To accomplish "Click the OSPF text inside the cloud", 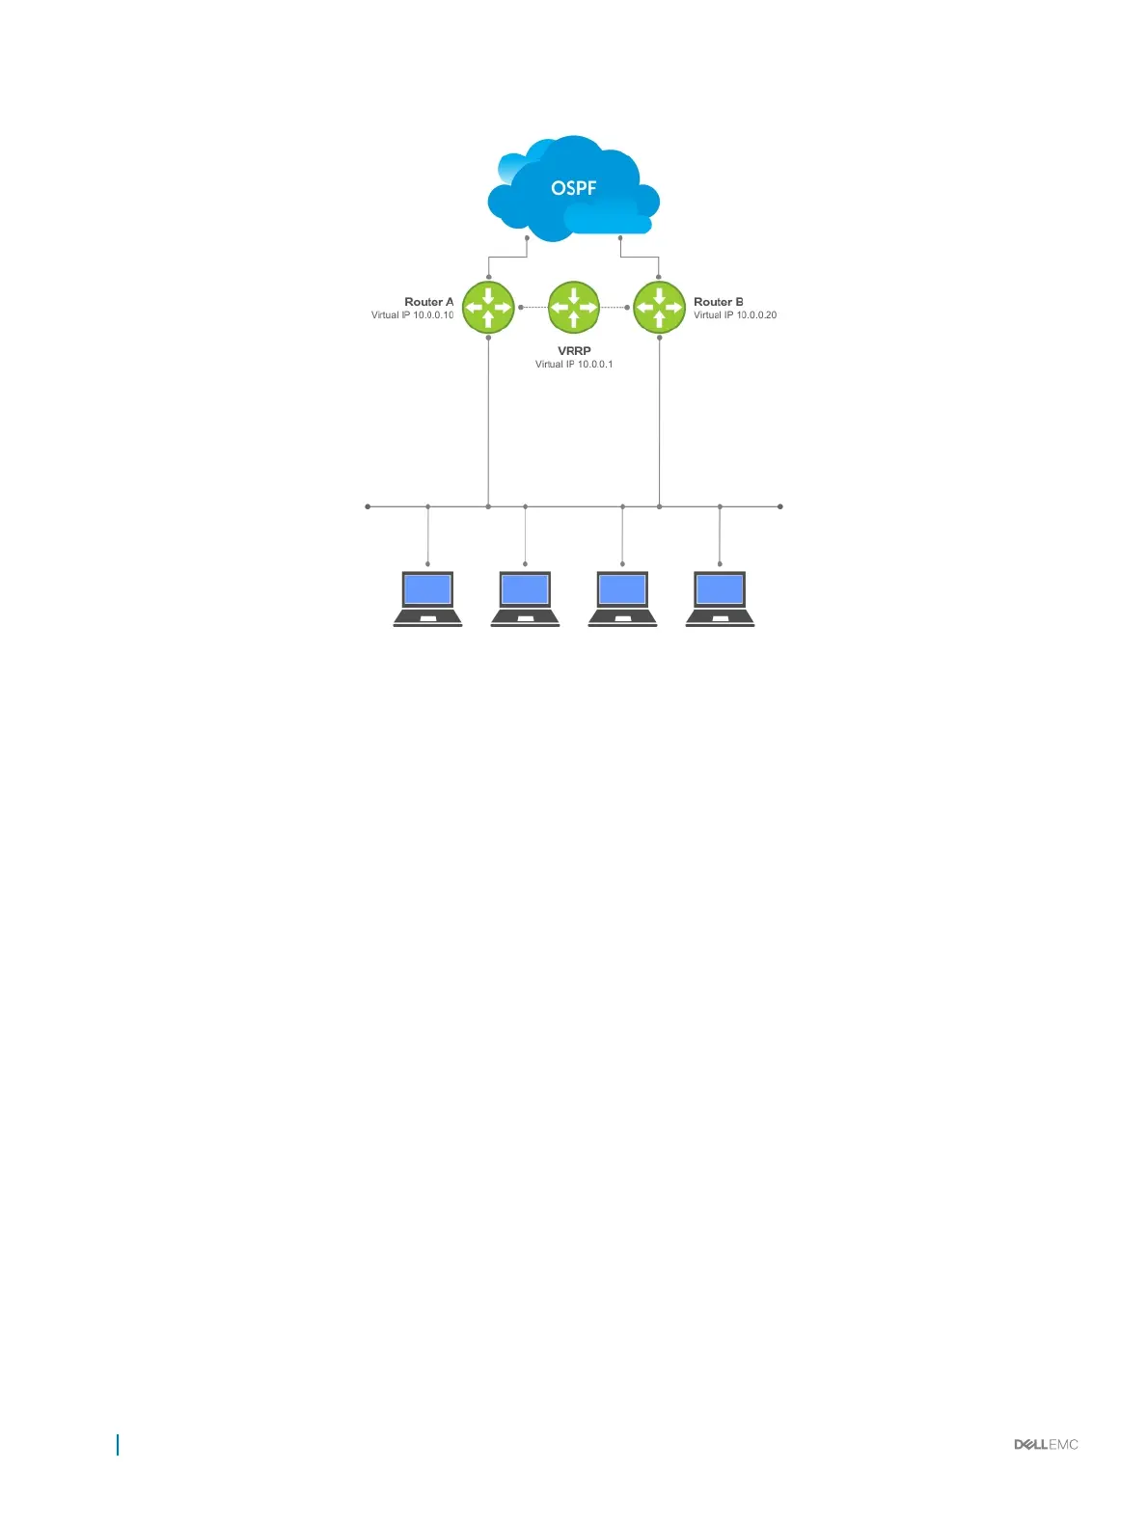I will [x=573, y=188].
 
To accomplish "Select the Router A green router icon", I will [x=488, y=308].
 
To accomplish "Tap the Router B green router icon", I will [x=659, y=308].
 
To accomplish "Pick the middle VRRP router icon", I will [x=574, y=308].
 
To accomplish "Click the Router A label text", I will [x=428, y=302].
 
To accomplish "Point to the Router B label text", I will [x=719, y=302].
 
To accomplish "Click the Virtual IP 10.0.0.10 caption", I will [x=412, y=315].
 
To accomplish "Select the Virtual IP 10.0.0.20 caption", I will [x=735, y=315].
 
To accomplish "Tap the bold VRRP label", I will [x=574, y=351].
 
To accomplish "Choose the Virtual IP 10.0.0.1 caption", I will [x=574, y=365].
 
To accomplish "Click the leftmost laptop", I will [x=427, y=598].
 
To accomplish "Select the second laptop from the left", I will [x=525, y=598].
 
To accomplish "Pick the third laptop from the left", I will [x=622, y=598].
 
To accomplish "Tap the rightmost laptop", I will [x=720, y=598].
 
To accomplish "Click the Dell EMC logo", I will [x=1046, y=1444].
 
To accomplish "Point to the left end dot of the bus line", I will [x=368, y=506].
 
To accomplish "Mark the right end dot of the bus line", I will [x=780, y=506].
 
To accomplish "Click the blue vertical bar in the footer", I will [x=118, y=1444].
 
